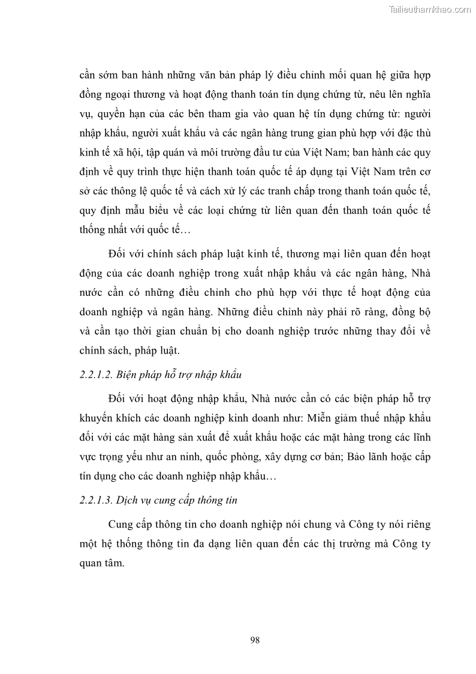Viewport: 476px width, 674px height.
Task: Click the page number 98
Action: point(255,640)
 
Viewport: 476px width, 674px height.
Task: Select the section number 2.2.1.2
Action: point(95,375)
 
